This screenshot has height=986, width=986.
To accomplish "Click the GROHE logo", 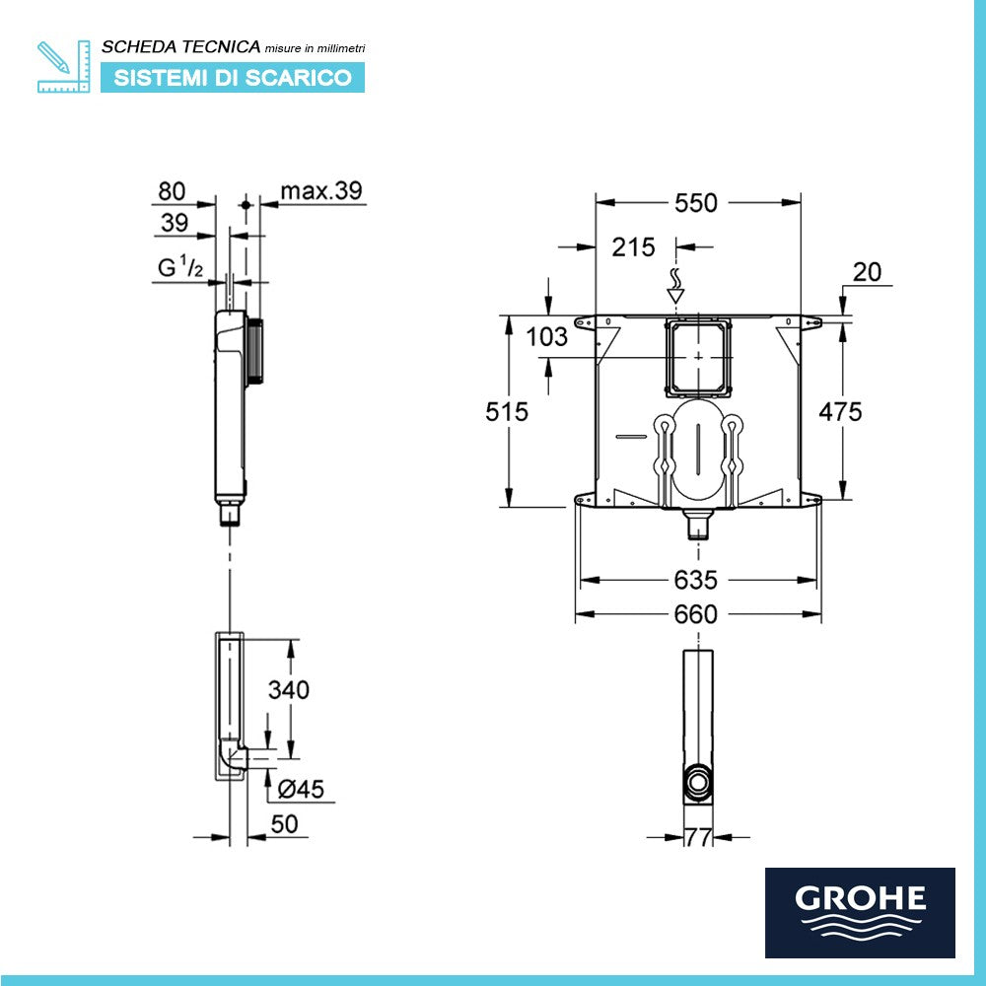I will (x=860, y=912).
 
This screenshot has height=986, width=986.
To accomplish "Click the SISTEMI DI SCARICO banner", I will (x=233, y=78).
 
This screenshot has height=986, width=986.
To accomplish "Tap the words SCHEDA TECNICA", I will (x=181, y=46).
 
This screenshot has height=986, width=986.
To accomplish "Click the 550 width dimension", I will (x=696, y=203).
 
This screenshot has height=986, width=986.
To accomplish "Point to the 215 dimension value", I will (x=633, y=247).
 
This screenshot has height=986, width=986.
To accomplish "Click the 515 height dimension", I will (x=507, y=411).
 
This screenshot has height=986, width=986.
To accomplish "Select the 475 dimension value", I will (x=841, y=411).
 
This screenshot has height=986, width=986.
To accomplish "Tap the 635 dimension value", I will (x=696, y=580).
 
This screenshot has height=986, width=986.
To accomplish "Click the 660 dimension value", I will (x=696, y=615).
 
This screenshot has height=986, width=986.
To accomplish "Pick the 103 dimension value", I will (x=547, y=337).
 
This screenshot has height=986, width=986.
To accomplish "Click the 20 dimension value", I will (x=868, y=273).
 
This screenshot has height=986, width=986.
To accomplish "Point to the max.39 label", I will (x=321, y=191).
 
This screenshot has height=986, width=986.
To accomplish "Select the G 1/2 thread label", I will (x=180, y=267).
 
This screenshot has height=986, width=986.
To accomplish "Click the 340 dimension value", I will (x=289, y=690).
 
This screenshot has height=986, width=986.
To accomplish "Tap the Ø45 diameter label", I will (x=301, y=789).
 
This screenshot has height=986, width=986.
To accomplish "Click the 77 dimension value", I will (x=698, y=838).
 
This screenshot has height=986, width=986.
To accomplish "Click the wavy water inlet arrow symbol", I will (x=675, y=283).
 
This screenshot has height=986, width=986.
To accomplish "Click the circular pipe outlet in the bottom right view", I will (x=698, y=783).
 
